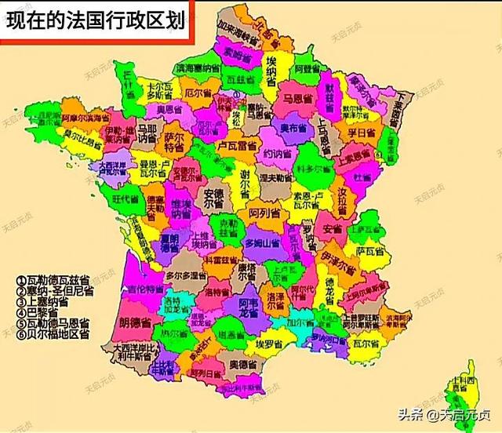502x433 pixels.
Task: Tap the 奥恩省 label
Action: (167, 108)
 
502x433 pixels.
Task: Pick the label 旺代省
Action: (125, 199)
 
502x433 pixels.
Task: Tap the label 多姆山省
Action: (261, 245)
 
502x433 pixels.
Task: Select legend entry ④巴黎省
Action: (44, 311)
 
